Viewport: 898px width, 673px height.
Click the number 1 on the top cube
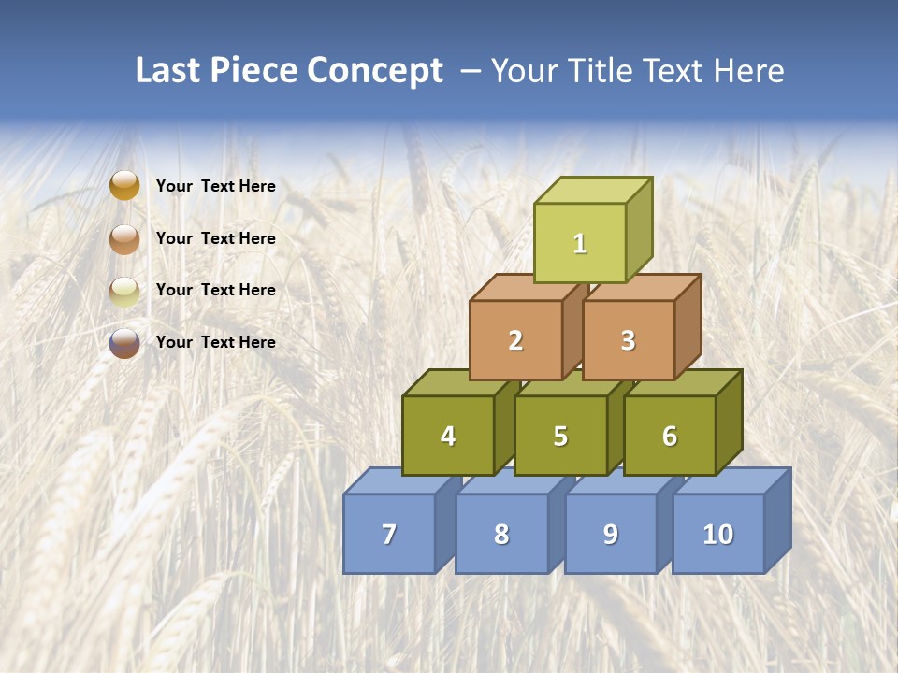point(580,244)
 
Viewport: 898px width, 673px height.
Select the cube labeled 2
point(515,341)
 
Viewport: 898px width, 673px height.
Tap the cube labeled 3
point(628,341)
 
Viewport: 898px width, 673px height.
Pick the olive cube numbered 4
point(448,436)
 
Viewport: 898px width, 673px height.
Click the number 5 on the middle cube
point(560,437)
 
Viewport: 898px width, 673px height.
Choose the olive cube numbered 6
point(670,437)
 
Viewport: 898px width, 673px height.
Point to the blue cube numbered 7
point(389,534)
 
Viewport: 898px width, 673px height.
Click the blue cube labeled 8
point(501,534)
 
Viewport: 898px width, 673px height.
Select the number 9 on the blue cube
point(610,534)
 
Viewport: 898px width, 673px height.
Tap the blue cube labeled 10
point(717,534)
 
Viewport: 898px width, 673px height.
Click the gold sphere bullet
point(124,186)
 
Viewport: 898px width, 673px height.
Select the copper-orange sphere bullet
point(124,238)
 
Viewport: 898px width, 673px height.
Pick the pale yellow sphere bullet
point(124,291)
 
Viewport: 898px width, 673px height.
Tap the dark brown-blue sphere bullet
point(124,343)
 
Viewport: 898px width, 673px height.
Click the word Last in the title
point(168,71)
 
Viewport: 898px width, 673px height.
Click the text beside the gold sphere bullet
point(215,186)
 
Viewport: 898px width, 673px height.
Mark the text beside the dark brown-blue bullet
point(215,342)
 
